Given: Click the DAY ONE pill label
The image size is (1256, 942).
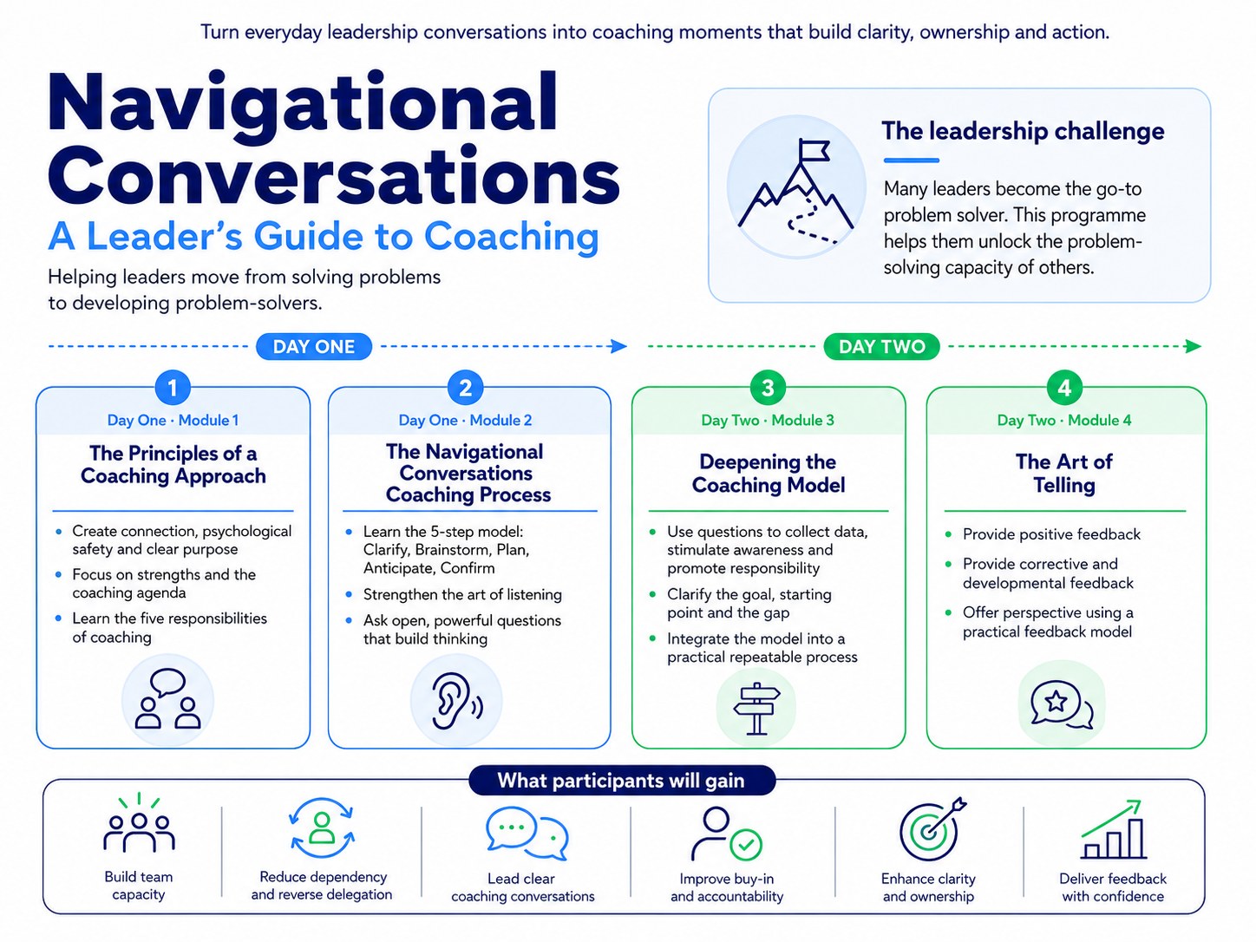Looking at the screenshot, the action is click(x=314, y=347).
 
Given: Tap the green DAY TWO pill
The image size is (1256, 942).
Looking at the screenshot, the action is click(x=881, y=347).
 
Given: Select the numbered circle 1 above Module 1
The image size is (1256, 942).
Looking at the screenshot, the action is click(x=173, y=389).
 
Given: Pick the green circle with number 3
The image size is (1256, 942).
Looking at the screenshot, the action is click(x=768, y=389).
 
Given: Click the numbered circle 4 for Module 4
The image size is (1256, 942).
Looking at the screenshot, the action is click(x=1063, y=389).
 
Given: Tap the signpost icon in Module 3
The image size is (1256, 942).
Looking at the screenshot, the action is click(x=756, y=708).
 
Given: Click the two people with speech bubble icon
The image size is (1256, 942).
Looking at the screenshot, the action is click(x=167, y=698).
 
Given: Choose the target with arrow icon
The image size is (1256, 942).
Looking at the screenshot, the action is click(x=932, y=828).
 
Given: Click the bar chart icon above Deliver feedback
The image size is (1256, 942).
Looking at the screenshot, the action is click(x=1113, y=829).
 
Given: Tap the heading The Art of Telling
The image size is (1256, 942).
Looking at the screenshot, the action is click(x=1063, y=473).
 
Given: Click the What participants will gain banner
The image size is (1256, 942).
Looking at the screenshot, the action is click(x=621, y=781).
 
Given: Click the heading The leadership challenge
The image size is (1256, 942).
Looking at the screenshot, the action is click(x=1023, y=131).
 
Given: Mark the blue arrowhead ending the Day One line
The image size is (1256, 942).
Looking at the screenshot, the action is click(x=618, y=346).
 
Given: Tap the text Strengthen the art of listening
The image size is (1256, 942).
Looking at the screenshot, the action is click(x=462, y=595).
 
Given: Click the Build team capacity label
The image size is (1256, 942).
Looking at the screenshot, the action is click(x=139, y=886).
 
